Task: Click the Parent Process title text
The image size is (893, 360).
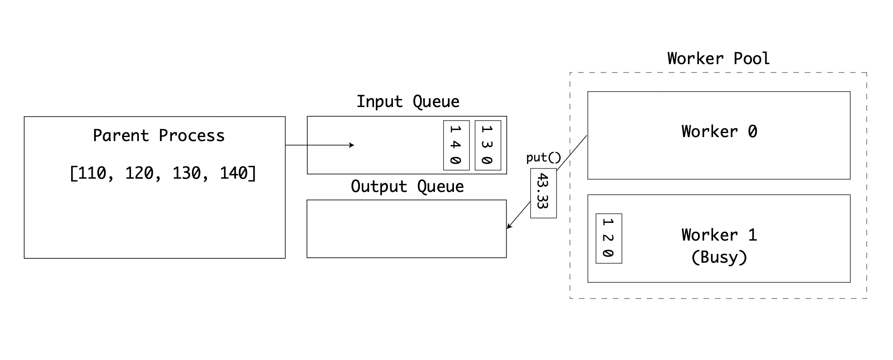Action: (159, 135)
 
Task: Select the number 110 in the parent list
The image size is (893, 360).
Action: (93, 173)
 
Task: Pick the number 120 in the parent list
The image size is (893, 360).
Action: (139, 173)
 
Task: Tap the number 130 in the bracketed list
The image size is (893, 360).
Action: (187, 173)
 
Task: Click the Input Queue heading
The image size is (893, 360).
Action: (408, 102)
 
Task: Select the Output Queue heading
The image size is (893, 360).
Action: (407, 187)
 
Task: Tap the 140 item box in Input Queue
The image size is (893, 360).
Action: (456, 145)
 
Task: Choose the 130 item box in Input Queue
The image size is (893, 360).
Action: (488, 145)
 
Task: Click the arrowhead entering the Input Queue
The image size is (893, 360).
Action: (352, 145)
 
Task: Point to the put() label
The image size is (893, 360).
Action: (543, 157)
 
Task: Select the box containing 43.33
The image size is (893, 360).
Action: (543, 193)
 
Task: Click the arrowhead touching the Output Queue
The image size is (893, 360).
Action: (509, 226)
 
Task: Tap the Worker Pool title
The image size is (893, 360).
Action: (718, 58)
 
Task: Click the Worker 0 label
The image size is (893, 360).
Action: (719, 131)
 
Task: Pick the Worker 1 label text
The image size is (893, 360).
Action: (719, 235)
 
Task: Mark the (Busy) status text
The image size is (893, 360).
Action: (719, 257)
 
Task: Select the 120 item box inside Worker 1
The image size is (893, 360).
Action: (609, 239)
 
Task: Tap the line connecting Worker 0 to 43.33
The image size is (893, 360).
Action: (572, 153)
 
